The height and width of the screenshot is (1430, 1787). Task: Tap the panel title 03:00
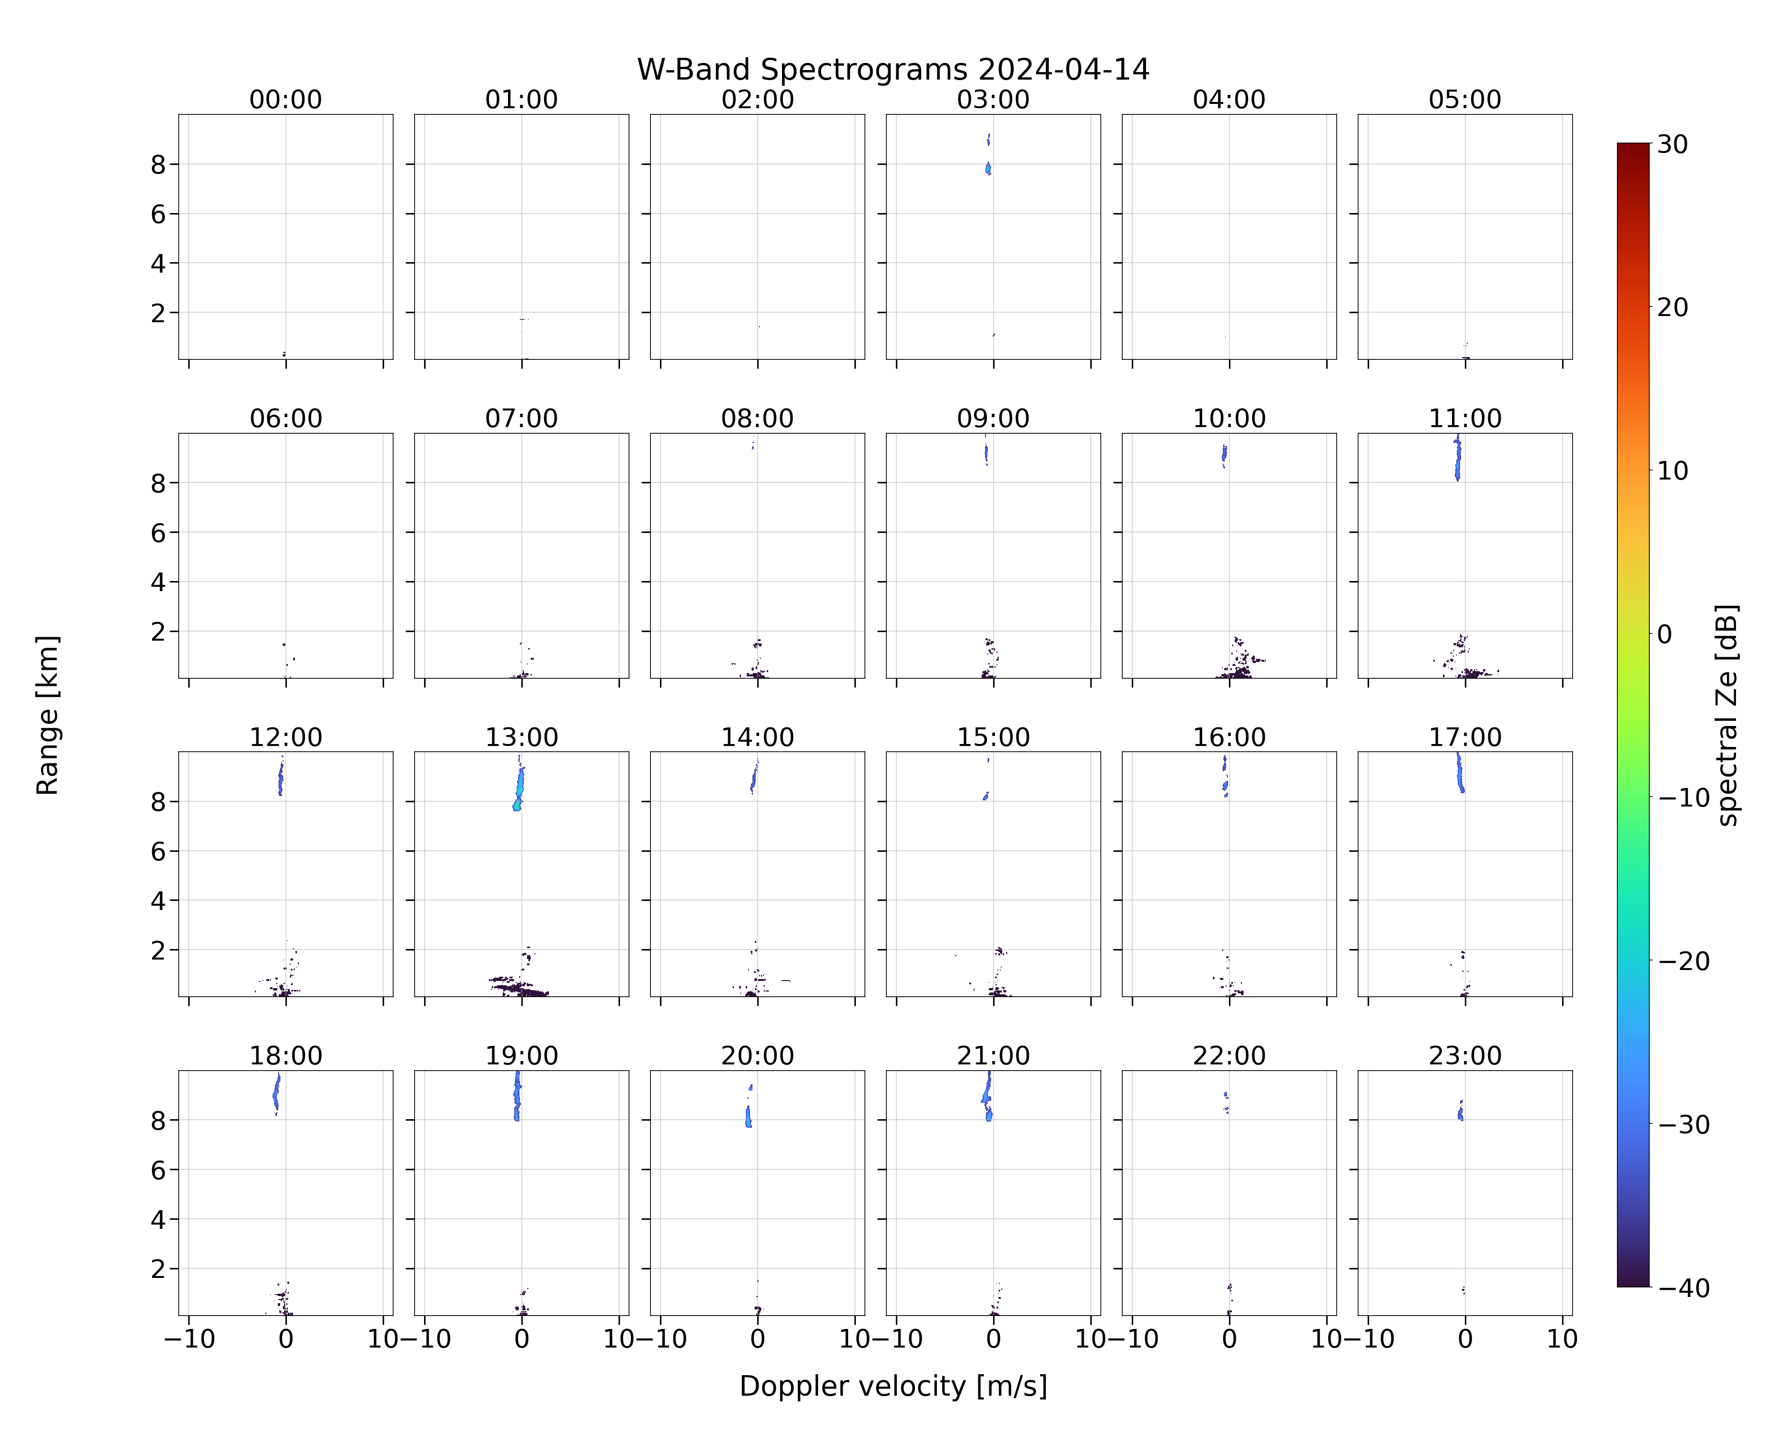click(x=993, y=100)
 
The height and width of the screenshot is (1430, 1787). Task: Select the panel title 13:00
click(x=521, y=737)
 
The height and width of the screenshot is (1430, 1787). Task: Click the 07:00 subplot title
click(x=521, y=418)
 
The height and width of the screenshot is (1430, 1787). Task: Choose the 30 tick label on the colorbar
click(x=1673, y=144)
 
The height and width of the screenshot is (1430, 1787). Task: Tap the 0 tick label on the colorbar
click(x=1665, y=634)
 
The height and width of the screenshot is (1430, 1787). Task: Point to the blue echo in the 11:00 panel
click(x=1457, y=459)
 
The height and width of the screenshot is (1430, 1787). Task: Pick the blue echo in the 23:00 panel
click(x=1461, y=1111)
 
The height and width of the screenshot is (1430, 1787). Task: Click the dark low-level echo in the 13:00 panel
click(x=518, y=987)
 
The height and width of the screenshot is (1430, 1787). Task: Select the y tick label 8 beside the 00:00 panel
click(x=158, y=164)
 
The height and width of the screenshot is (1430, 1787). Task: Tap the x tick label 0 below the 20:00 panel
click(x=758, y=1339)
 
